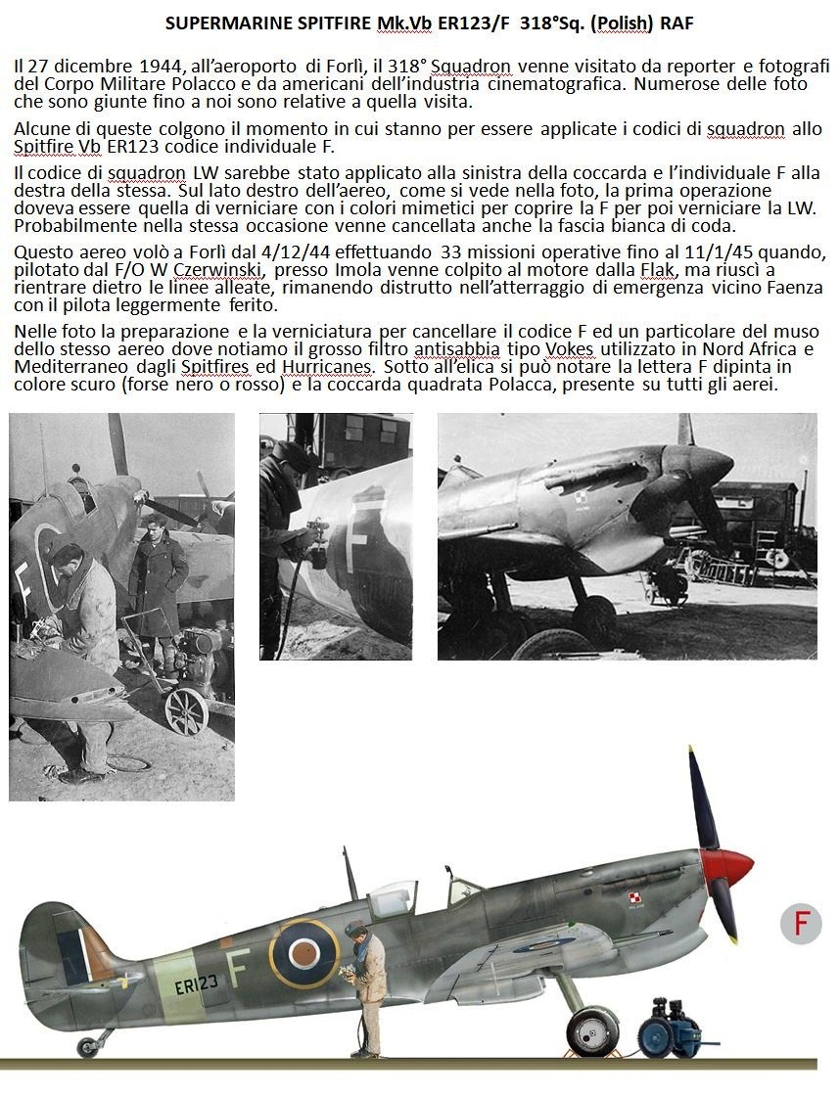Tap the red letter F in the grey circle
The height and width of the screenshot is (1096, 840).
pyautogui.click(x=801, y=924)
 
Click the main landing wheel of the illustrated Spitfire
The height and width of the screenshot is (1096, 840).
pyautogui.click(x=591, y=1031)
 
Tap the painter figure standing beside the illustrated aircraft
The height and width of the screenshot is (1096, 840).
pyautogui.click(x=366, y=988)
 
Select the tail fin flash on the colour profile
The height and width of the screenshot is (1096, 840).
pyautogui.click(x=74, y=953)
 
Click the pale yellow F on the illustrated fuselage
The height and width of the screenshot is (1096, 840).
pyautogui.click(x=235, y=968)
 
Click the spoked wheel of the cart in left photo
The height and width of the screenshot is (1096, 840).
pyautogui.click(x=186, y=709)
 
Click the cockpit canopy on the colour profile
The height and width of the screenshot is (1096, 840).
pyautogui.click(x=392, y=897)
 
